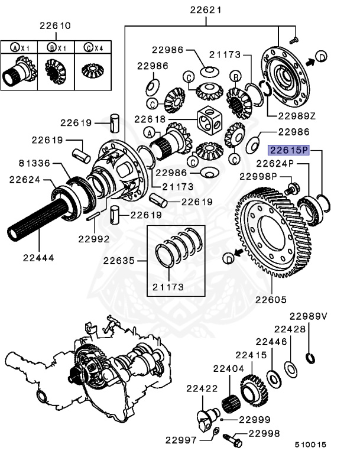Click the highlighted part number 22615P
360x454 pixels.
click(x=289, y=150)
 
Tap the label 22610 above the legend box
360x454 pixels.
click(x=56, y=26)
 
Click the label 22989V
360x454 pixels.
click(x=307, y=316)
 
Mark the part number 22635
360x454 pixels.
click(x=121, y=261)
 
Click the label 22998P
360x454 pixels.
click(x=258, y=176)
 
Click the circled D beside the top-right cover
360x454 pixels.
click(x=321, y=56)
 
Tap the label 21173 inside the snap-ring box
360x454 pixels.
click(x=167, y=287)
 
